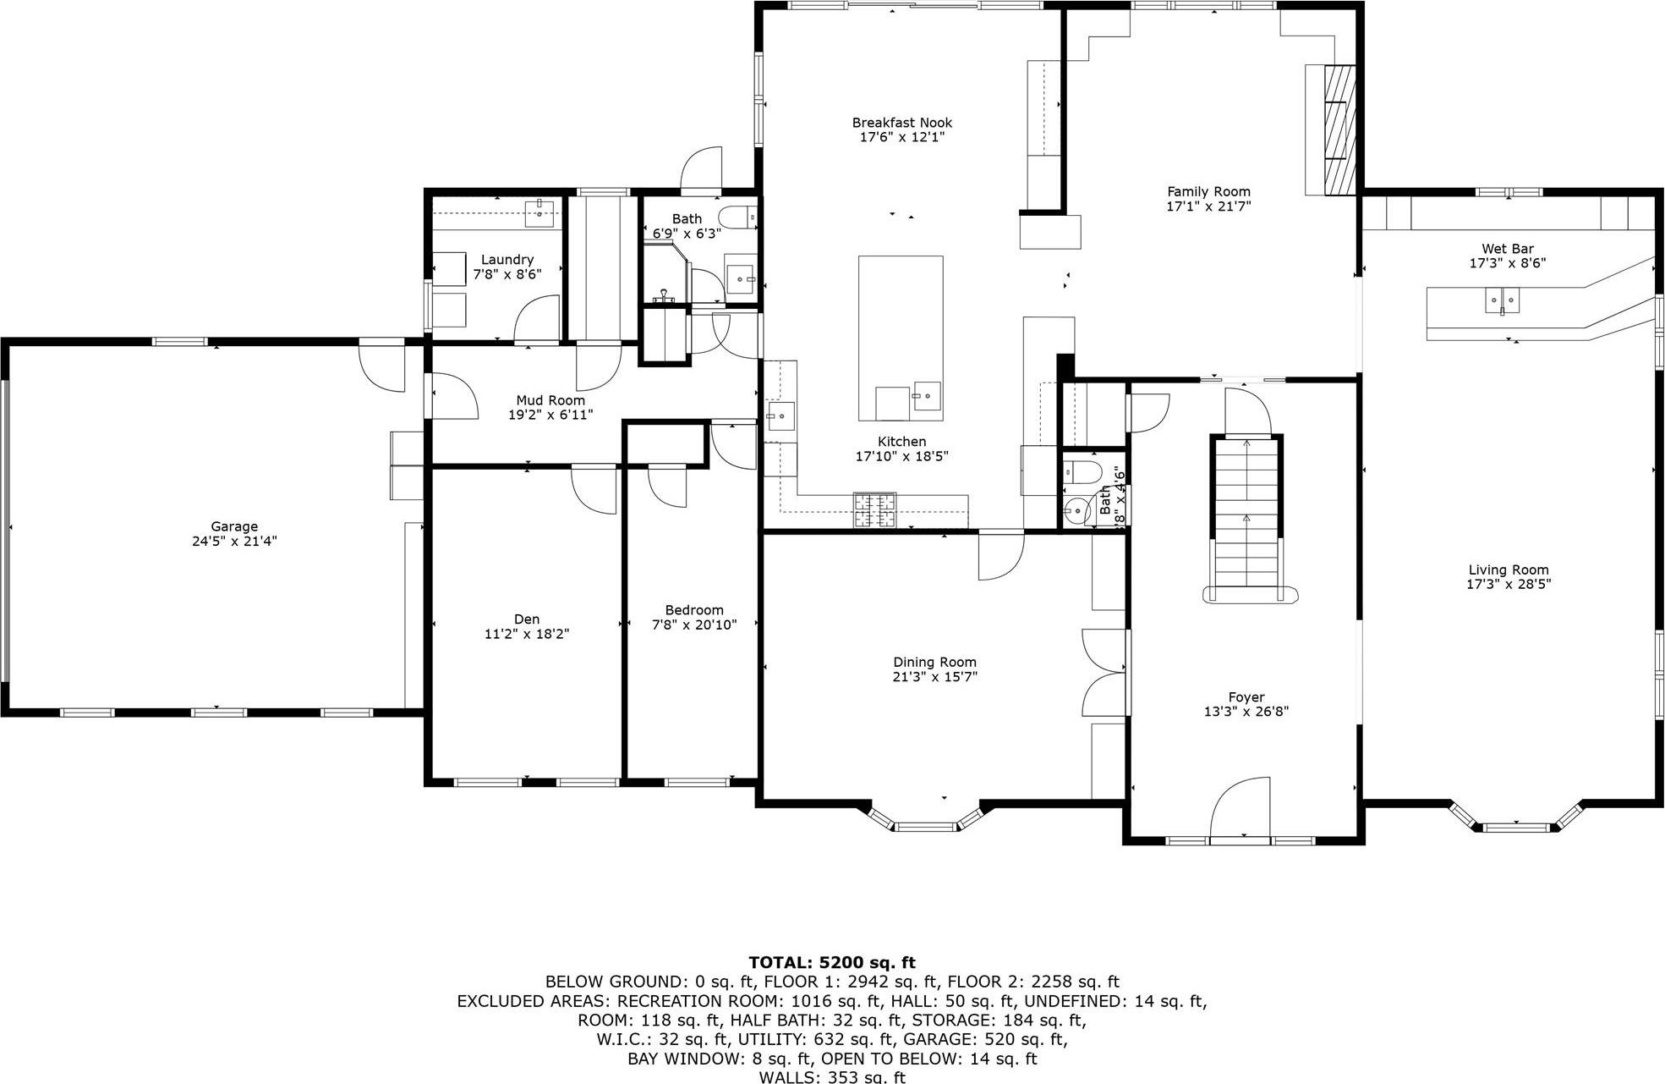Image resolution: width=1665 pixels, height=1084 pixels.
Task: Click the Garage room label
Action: (x=234, y=526)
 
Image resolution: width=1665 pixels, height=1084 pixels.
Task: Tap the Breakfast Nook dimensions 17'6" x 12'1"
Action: (x=901, y=137)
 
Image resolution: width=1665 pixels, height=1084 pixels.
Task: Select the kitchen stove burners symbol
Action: (x=874, y=510)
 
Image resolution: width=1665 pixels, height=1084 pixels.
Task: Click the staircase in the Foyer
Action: (x=1246, y=516)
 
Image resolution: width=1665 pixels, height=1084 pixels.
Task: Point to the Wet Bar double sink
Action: (x=1503, y=300)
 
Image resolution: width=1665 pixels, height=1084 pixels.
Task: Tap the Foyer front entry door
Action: (x=1241, y=810)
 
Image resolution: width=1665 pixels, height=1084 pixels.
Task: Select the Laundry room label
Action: (x=507, y=260)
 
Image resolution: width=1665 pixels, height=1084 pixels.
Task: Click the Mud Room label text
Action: (x=550, y=400)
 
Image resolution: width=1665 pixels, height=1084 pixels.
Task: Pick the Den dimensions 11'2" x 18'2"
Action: (x=526, y=634)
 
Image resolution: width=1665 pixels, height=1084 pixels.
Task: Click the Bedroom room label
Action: (x=694, y=610)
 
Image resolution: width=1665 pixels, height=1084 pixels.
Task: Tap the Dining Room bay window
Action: (x=926, y=824)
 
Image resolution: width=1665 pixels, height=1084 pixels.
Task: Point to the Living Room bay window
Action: (x=1514, y=823)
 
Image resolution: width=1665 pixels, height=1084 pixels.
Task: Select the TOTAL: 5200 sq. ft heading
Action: (x=832, y=962)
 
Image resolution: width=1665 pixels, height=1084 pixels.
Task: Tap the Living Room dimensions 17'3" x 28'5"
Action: (x=1509, y=584)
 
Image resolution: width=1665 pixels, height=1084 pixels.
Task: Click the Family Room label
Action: (x=1208, y=192)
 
